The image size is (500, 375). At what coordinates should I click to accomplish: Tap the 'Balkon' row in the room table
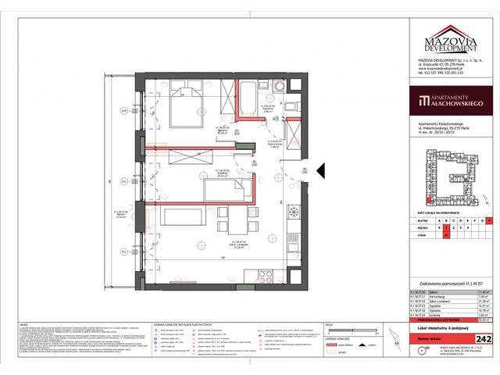[x=450, y=291]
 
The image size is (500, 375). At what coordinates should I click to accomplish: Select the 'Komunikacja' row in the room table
[x=450, y=296]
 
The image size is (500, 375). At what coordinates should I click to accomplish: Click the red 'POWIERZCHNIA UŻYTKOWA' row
[x=450, y=320]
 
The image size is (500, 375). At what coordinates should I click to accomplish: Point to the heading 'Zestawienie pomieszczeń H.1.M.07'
[x=450, y=283]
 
